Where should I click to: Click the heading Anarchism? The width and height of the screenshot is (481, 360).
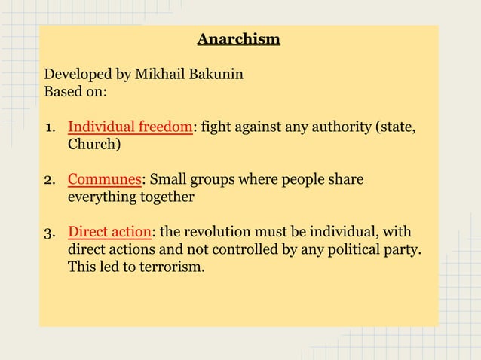pyautogui.click(x=238, y=38)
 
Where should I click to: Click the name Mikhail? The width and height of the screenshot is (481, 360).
pyautogui.click(x=160, y=77)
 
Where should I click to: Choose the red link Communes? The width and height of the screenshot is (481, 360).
pyautogui.click(x=105, y=180)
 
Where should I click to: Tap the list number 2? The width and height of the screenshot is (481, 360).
pyautogui.click(x=48, y=180)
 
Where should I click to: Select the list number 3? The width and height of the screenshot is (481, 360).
pyautogui.click(x=48, y=231)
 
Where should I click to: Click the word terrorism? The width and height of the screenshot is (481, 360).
pyautogui.click(x=169, y=266)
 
